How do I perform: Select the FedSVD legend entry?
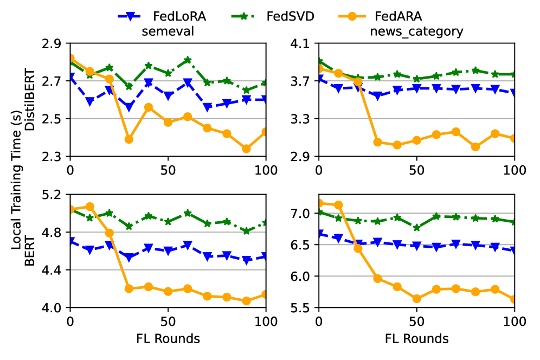pyautogui.click(x=287, y=16)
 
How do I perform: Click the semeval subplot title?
pyautogui.click(x=168, y=31)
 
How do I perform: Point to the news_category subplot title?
pyautogui.click(x=416, y=31)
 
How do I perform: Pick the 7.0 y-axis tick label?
pyautogui.click(x=303, y=214)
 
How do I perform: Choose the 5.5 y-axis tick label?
pyautogui.click(x=303, y=308)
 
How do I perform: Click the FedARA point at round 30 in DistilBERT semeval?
pyautogui.click(x=129, y=139)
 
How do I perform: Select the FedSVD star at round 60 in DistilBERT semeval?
pyautogui.click(x=188, y=60)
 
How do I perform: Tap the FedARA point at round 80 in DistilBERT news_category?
pyautogui.click(x=475, y=146)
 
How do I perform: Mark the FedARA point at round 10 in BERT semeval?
pyautogui.click(x=89, y=207)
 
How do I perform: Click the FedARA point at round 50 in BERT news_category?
pyautogui.click(x=416, y=299)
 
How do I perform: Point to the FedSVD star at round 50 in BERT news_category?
pyautogui.click(x=416, y=228)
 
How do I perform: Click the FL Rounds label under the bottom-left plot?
pyautogui.click(x=168, y=339)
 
